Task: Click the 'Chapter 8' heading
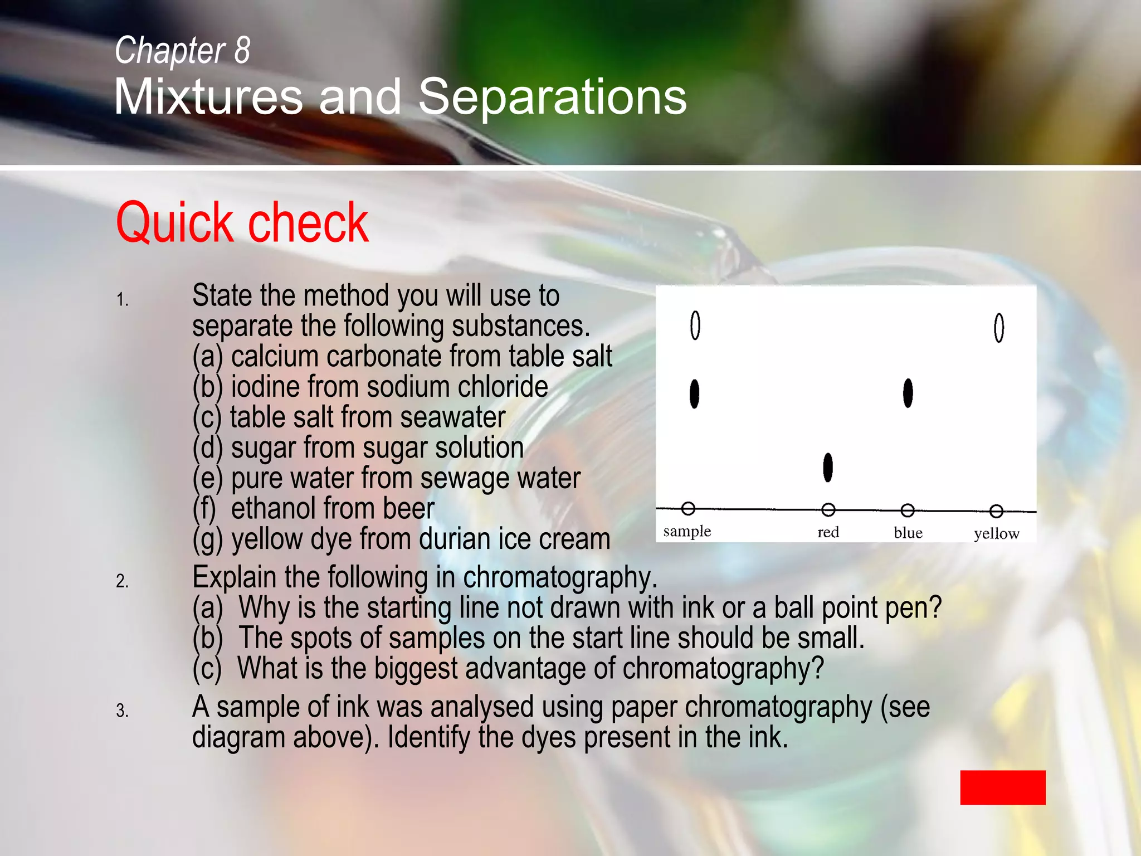click(182, 50)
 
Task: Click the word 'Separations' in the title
click(552, 97)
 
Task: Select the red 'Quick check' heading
click(242, 222)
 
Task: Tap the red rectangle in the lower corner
click(1002, 787)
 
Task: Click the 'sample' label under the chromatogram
click(687, 531)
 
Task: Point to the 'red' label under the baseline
click(828, 532)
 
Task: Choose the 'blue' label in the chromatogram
click(908, 533)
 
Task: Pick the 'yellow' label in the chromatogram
click(996, 533)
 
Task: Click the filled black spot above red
click(828, 467)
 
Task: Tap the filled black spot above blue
click(908, 393)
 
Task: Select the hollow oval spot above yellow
click(999, 328)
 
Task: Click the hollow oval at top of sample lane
click(695, 325)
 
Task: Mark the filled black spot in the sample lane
click(694, 394)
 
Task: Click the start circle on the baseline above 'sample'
click(688, 508)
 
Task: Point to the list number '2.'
click(122, 581)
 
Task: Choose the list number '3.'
click(122, 711)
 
